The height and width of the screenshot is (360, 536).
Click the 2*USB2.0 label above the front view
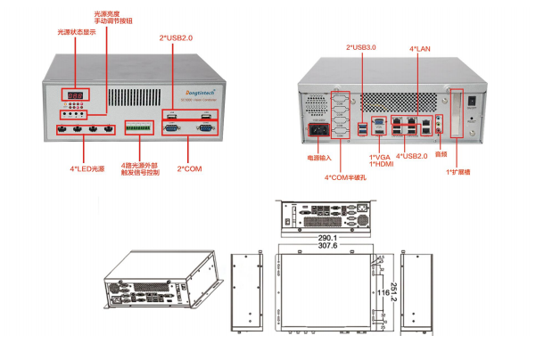click(x=176, y=38)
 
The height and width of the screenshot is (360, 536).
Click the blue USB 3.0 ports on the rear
click(x=362, y=130)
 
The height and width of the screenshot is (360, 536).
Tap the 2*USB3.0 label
click(x=363, y=48)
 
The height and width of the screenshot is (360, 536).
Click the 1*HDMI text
click(x=381, y=164)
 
